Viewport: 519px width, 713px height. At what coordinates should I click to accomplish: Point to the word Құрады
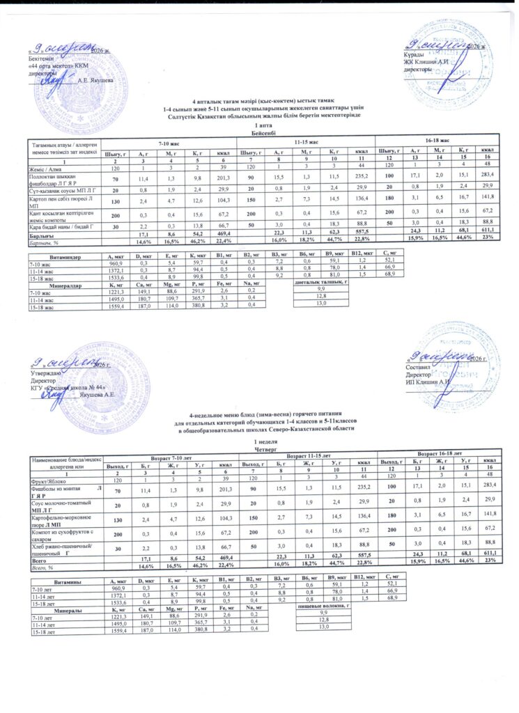point(412,54)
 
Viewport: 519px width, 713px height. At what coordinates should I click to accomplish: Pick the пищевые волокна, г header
point(323,588)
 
